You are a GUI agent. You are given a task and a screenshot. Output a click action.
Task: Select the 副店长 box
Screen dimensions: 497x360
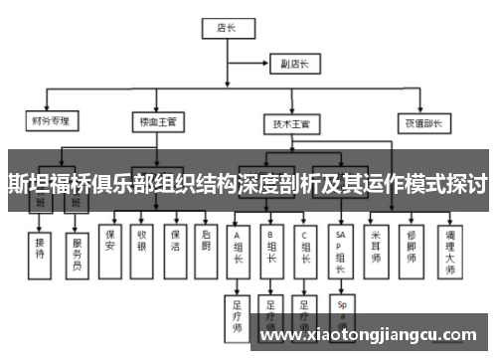pyautogui.click(x=295, y=65)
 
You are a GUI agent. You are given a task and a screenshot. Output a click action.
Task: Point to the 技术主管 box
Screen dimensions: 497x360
pyautogui.click(x=290, y=123)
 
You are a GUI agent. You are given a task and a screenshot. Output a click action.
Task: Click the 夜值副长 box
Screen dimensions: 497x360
pyautogui.click(x=419, y=122)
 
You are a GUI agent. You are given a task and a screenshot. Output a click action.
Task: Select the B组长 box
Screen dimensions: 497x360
pyautogui.click(x=271, y=247)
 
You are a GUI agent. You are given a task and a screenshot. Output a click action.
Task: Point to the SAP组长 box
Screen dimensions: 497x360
pyautogui.click(x=341, y=249)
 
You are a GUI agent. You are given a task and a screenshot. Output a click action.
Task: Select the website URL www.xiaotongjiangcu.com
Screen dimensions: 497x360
pyautogui.click(x=373, y=335)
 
